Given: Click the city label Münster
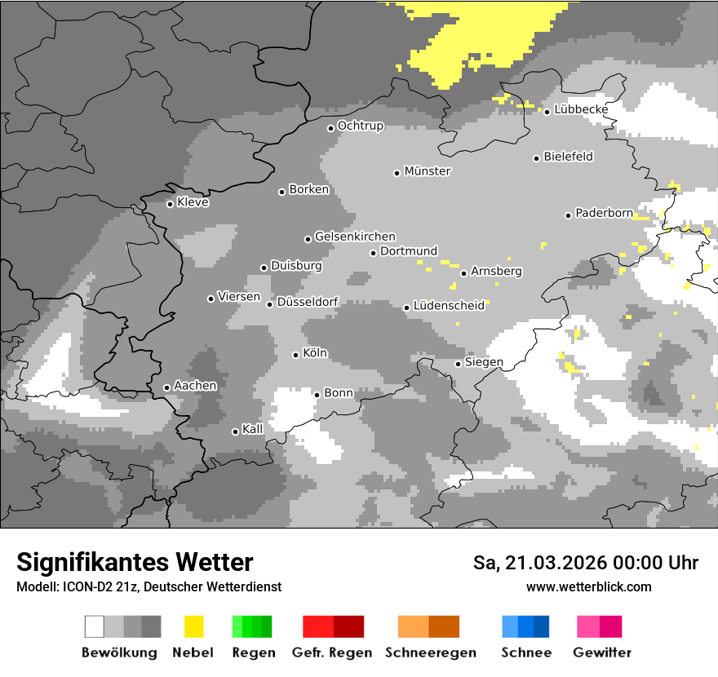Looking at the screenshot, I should click(428, 171).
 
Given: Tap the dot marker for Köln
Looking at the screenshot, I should click(295, 355).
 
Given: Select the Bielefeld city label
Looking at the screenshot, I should click(569, 157).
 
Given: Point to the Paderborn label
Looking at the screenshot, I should click(604, 213).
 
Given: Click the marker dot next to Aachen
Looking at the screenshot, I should click(166, 387).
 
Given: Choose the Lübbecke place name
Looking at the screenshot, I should click(582, 109).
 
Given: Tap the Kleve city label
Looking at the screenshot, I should click(193, 202).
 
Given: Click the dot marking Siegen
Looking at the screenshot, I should click(458, 364).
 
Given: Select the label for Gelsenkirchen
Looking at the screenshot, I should click(355, 237).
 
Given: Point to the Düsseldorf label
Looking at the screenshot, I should click(308, 302).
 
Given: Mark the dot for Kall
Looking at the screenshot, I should click(235, 431).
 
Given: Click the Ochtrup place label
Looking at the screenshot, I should click(361, 126).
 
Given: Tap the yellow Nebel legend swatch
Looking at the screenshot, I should click(194, 626).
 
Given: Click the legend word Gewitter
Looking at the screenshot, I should click(602, 653).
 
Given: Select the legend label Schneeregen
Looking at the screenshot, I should click(431, 653).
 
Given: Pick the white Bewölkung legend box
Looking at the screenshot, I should click(95, 626).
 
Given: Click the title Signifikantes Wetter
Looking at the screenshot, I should click(135, 562).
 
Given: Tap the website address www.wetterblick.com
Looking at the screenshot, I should click(589, 586).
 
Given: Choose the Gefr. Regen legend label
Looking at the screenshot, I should click(332, 653).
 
